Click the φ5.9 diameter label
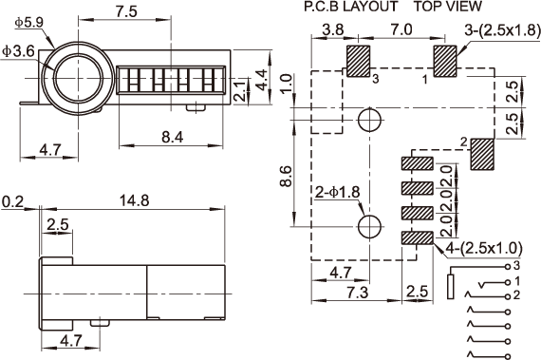click(29, 23)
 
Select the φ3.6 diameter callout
click(18, 51)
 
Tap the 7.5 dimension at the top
click(126, 11)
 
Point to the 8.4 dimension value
click(173, 138)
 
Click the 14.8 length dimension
click(134, 200)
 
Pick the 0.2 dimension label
click(12, 202)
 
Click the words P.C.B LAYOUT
click(351, 7)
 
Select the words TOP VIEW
click(447, 7)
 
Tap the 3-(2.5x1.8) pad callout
click(502, 30)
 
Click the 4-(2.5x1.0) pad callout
click(484, 248)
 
